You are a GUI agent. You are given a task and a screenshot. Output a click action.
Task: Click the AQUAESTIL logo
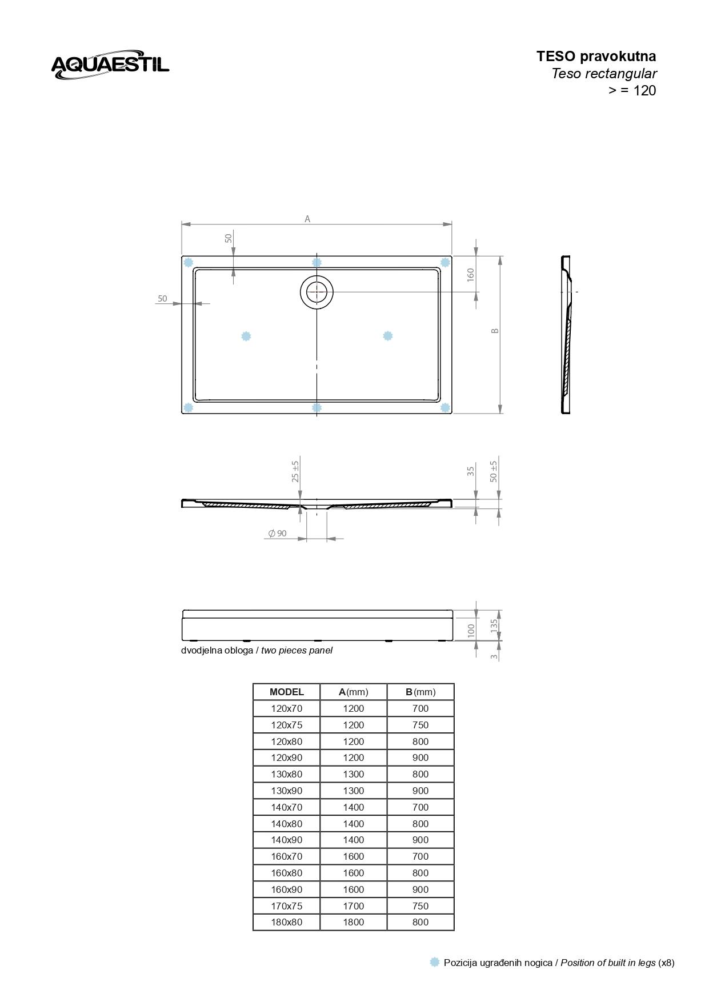click(x=110, y=64)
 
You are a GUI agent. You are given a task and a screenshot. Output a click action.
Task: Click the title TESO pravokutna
click(x=596, y=56)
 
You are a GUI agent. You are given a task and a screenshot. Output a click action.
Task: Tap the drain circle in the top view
click(x=317, y=292)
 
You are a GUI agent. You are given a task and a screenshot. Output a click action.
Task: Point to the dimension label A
click(x=307, y=219)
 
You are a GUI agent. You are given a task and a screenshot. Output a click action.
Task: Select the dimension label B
click(x=495, y=331)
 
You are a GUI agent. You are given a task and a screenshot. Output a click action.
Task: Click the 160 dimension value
click(x=471, y=274)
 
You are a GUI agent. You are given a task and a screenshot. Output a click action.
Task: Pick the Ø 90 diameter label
click(x=277, y=533)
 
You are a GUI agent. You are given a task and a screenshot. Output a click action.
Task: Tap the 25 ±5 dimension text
click(x=295, y=471)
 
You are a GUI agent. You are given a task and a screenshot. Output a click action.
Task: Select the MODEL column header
click(x=286, y=692)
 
